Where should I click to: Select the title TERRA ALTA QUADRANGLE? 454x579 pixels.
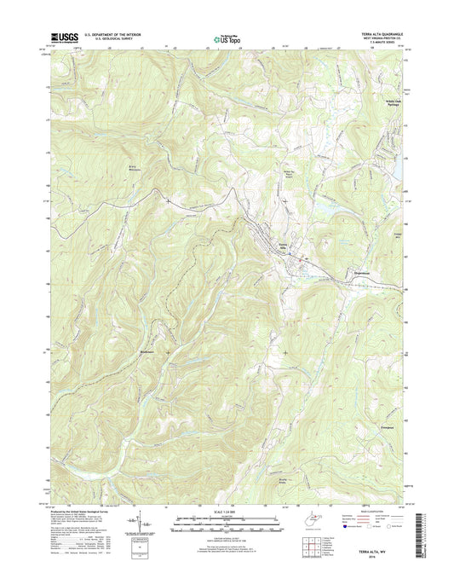(384, 33)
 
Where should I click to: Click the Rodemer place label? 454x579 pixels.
(148, 350)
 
